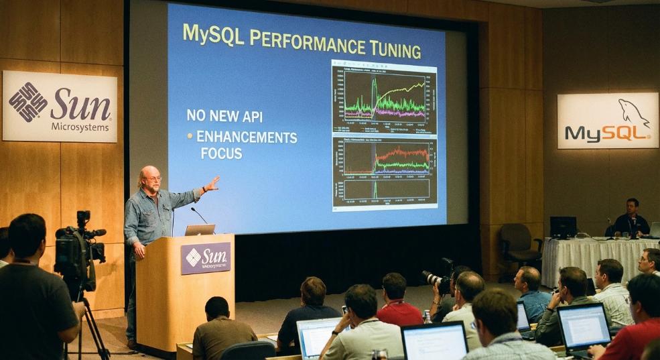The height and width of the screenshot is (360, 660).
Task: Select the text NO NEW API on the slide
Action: tap(224, 115)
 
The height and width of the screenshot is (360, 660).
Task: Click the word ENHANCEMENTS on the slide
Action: tap(247, 137)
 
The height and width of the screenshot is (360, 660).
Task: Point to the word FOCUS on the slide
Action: tap(221, 154)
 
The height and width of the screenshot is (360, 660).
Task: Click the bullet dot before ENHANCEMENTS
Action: tap(190, 136)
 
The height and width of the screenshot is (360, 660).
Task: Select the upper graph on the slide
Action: tap(384, 98)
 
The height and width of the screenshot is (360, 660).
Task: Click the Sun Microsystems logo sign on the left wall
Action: tap(60, 107)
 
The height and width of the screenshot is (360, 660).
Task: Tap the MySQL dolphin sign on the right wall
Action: tap(607, 121)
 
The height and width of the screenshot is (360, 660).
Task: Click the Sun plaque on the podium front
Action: tap(205, 258)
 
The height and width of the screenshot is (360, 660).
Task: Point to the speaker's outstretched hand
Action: tap(212, 184)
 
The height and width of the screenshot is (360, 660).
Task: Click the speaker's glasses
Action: tap(153, 178)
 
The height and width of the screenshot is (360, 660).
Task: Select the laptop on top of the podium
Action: tap(200, 230)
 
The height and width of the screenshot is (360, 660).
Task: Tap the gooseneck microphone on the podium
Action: tap(198, 215)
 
